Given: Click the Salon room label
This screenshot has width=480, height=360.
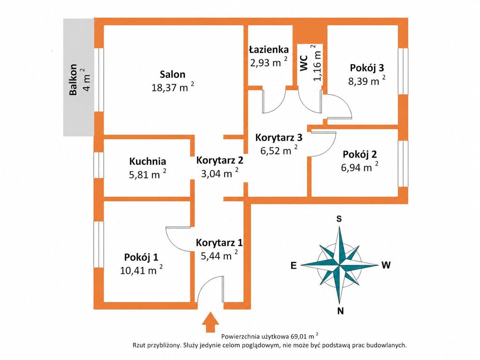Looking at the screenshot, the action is [x=172, y=75].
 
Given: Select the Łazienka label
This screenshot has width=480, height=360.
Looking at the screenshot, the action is [x=269, y=49].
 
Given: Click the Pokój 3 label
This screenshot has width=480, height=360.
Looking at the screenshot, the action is [x=367, y=67].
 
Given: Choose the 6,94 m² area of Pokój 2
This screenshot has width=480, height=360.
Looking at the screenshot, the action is [x=360, y=167].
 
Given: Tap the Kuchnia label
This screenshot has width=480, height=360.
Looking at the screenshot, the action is [x=148, y=161].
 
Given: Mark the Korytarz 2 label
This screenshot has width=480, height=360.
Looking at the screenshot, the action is [x=220, y=160].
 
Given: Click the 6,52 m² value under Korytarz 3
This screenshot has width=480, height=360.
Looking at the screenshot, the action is [x=279, y=150].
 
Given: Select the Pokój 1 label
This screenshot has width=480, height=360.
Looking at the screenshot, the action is [x=141, y=257].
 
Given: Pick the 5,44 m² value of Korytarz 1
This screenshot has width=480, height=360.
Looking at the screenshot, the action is [x=219, y=255].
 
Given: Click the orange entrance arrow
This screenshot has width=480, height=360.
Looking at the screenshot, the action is [x=210, y=322].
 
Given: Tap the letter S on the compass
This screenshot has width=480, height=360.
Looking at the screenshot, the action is [x=339, y=219].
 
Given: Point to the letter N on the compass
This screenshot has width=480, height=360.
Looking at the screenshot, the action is [x=340, y=311].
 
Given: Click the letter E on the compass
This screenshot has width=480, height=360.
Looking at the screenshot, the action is [x=293, y=265].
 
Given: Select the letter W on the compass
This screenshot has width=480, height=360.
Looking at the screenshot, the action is [x=386, y=265].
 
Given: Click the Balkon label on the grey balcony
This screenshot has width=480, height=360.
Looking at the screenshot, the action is [x=73, y=79].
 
